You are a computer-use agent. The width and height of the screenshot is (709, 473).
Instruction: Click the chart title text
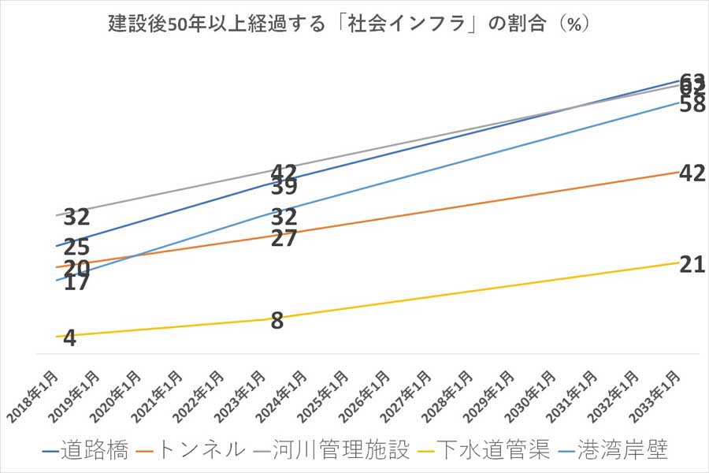[350, 23]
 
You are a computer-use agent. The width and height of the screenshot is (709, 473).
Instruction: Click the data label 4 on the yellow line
[69, 339]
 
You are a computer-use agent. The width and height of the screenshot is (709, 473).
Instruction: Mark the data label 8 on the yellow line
[277, 321]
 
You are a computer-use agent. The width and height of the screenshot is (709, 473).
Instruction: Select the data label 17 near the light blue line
[76, 283]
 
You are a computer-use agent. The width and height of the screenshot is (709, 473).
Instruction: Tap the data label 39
[283, 188]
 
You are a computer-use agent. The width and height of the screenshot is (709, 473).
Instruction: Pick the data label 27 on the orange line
[283, 239]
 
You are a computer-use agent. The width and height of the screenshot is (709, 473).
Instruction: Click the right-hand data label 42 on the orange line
[692, 173]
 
